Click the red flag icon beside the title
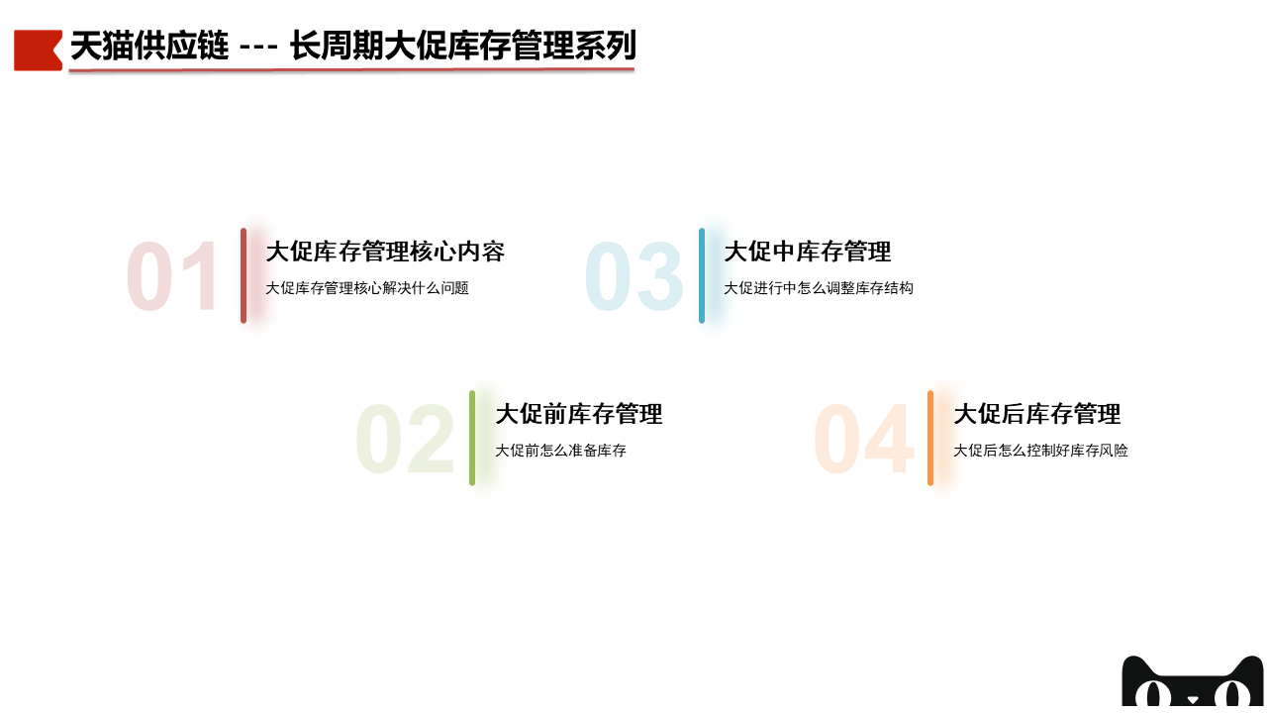point(38,51)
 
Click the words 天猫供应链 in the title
point(149,46)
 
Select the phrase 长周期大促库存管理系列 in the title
point(463,46)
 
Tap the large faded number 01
point(172,276)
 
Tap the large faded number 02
point(405,439)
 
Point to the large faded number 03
point(634,276)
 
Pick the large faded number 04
point(864,439)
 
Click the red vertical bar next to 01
point(244,275)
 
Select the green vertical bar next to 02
point(472,438)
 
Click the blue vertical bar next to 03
point(702,275)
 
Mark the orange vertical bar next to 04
point(930,438)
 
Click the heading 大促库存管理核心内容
point(385,252)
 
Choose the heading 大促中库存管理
point(808,252)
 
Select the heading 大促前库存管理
point(579,414)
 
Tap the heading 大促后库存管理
point(1036,414)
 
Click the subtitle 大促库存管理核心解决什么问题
point(367,288)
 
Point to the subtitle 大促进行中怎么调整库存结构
point(819,288)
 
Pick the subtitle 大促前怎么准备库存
point(560,451)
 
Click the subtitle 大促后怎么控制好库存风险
point(1040,451)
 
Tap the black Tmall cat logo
point(1193,682)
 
